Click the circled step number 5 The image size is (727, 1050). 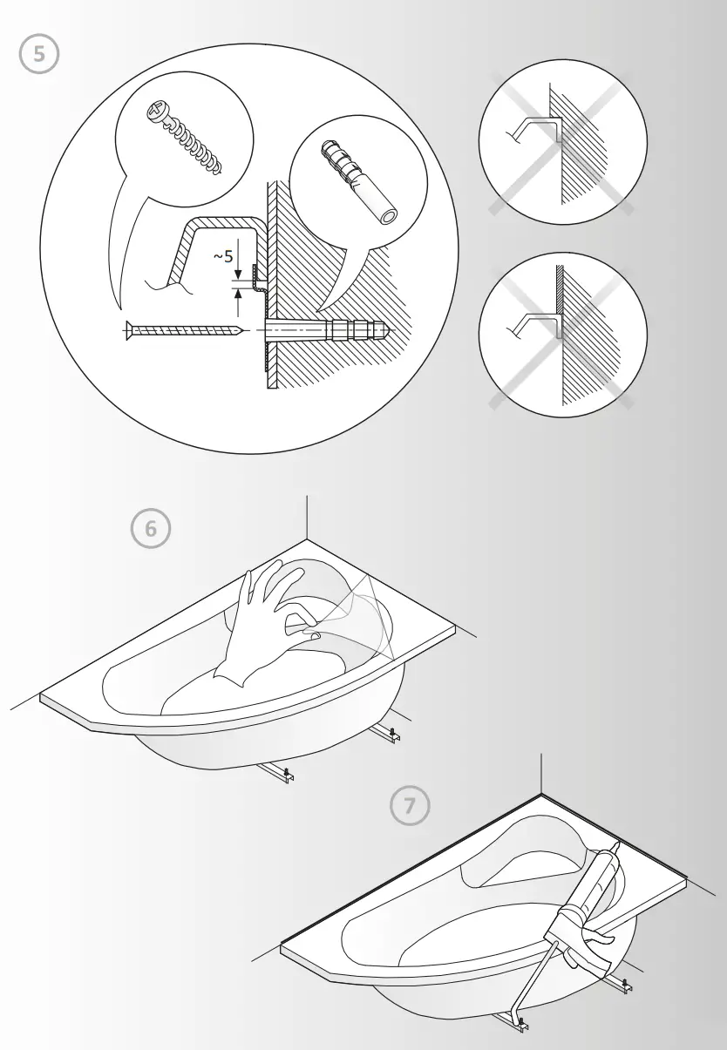pos(39,54)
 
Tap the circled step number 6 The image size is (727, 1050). pos(151,530)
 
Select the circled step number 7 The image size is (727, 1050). pos(409,806)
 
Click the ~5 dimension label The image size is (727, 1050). pos(223,256)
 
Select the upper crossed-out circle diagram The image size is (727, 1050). pos(562,142)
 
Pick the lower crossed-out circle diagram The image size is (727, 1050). pos(562,335)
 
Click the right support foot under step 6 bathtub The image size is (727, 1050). pos(389,735)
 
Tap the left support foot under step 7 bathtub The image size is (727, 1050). pos(514,1021)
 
